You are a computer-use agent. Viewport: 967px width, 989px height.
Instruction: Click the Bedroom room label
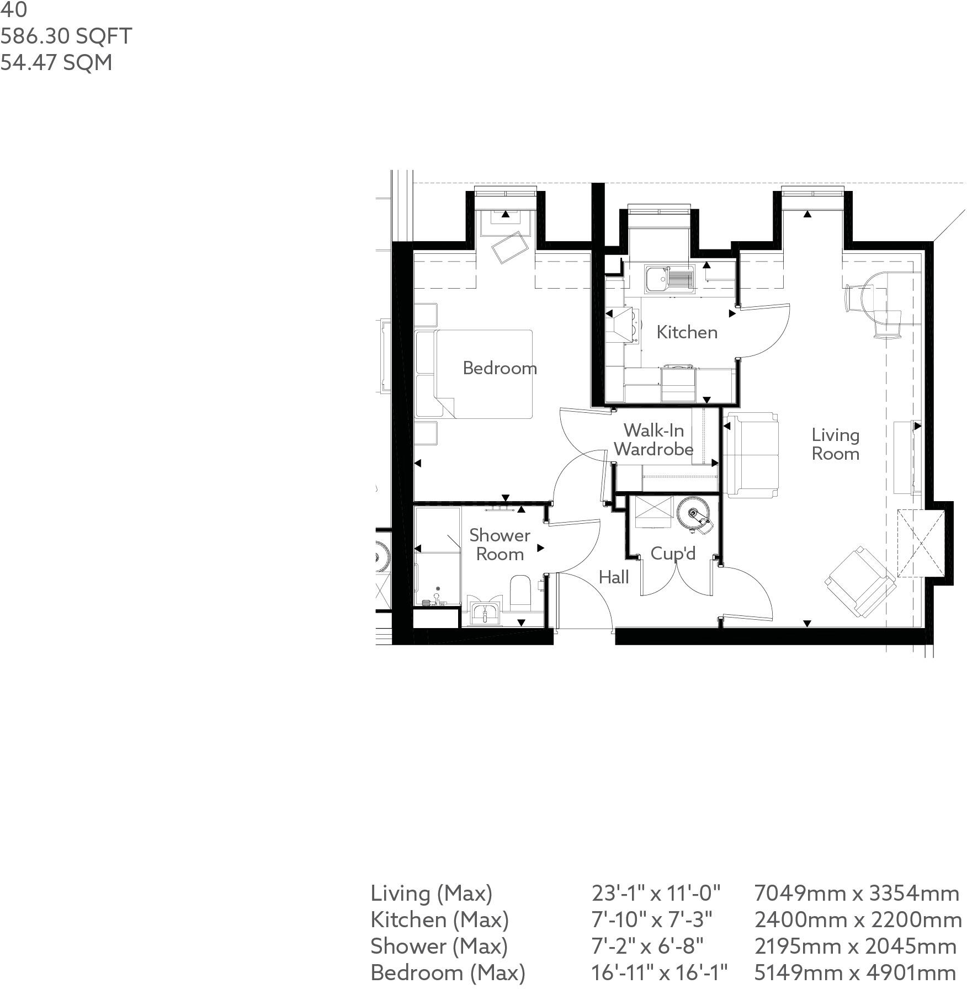pyautogui.click(x=500, y=368)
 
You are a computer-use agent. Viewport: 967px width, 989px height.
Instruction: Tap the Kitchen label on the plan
pyautogui.click(x=687, y=332)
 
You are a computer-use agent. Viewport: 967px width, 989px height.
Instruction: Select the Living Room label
pyautogui.click(x=835, y=444)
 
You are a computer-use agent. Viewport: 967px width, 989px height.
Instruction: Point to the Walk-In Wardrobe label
pyautogui.click(x=653, y=440)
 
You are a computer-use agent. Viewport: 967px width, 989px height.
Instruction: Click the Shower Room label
pyautogui.click(x=500, y=545)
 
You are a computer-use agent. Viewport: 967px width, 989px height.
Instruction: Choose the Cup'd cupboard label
pyautogui.click(x=673, y=554)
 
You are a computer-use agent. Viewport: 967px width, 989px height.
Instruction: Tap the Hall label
pyautogui.click(x=614, y=577)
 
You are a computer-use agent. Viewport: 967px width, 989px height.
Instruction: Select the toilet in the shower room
pyautogui.click(x=520, y=593)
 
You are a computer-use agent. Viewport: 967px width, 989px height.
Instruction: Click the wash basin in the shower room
pyautogui.click(x=485, y=613)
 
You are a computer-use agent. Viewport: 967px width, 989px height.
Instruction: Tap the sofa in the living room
pyautogui.click(x=751, y=454)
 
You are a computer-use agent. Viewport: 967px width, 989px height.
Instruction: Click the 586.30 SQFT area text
pyautogui.click(x=66, y=36)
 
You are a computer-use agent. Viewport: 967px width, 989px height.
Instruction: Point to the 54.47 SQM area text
pyautogui.click(x=56, y=62)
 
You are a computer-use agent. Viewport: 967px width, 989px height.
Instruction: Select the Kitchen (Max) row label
pyautogui.click(x=439, y=919)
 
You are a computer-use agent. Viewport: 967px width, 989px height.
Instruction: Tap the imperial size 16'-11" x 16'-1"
pyautogui.click(x=659, y=972)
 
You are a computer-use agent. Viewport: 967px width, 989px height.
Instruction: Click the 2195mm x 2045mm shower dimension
pyautogui.click(x=855, y=946)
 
